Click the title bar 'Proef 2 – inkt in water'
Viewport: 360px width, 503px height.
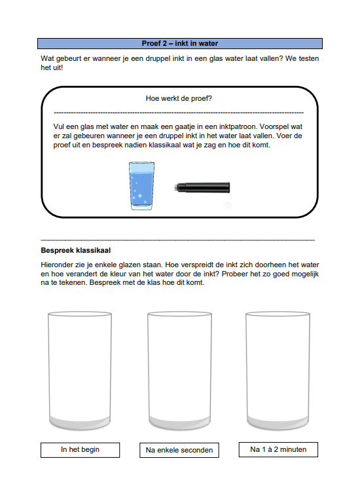click(x=180, y=44)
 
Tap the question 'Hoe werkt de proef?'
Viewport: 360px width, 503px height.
click(x=179, y=98)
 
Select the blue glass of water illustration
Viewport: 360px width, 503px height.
click(x=141, y=186)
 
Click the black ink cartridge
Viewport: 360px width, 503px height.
click(x=202, y=187)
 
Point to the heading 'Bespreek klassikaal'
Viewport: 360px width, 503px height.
click(x=76, y=251)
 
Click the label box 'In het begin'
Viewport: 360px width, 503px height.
click(x=80, y=450)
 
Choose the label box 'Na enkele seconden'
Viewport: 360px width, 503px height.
click(x=179, y=450)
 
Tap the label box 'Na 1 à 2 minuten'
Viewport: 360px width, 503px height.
click(x=278, y=449)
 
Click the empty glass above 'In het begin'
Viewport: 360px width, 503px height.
click(x=80, y=371)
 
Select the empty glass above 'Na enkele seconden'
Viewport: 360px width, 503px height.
click(x=179, y=371)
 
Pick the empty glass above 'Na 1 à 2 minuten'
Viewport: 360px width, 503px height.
click(x=278, y=371)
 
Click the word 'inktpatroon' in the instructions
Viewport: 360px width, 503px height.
click(x=238, y=126)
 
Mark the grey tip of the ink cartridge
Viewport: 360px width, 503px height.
click(x=175, y=187)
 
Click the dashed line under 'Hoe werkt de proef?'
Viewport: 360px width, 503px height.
click(x=179, y=113)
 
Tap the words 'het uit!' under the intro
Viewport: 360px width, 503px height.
click(x=52, y=67)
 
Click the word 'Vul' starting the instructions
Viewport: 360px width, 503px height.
click(x=59, y=126)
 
